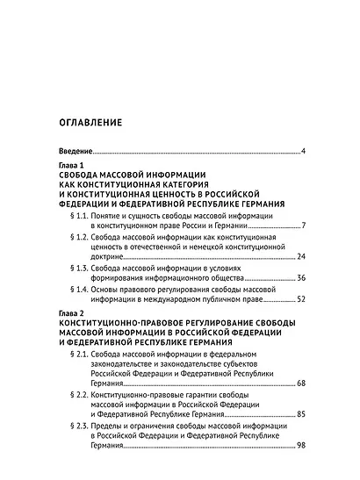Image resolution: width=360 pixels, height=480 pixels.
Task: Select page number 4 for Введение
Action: click(302, 152)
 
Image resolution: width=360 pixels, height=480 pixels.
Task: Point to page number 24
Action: click(300, 257)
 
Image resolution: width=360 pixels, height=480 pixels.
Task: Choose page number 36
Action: click(300, 278)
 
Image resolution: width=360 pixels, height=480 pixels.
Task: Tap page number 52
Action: click(300, 299)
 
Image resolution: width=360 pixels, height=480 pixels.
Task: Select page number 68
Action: click(300, 384)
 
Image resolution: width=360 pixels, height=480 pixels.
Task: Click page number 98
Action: click(300, 447)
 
